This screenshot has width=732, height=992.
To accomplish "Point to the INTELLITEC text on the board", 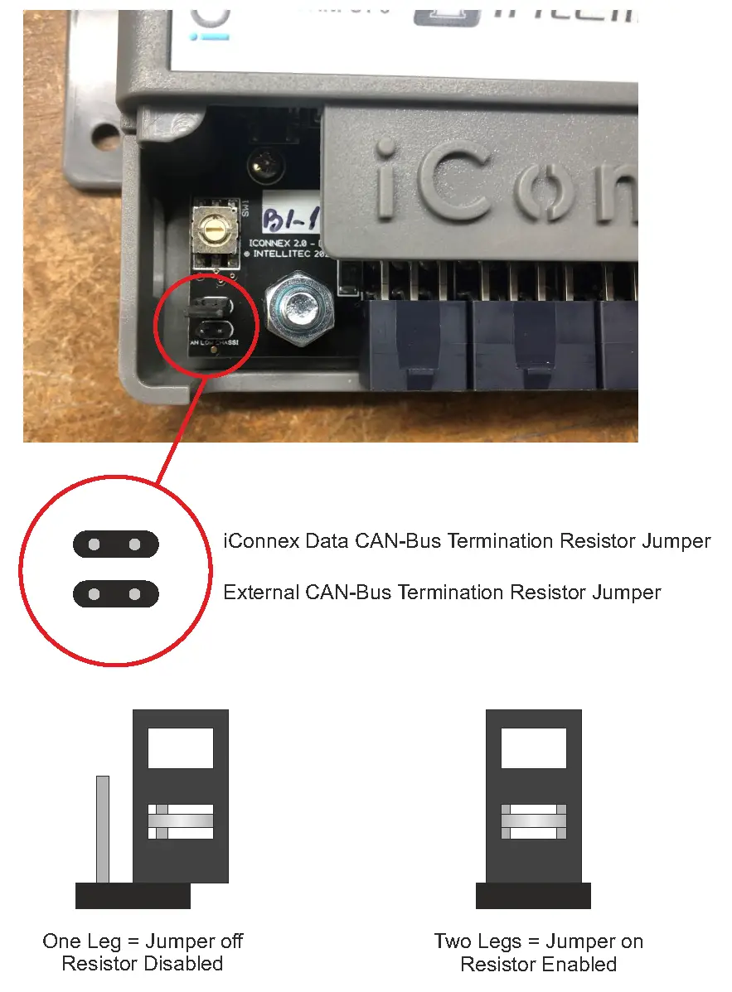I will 290,256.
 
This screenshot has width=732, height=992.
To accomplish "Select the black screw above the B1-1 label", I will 263,163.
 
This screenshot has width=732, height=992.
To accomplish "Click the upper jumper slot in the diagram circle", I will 115,544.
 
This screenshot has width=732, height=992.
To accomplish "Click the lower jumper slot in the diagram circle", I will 115,594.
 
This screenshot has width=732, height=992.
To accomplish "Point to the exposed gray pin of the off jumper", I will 103,829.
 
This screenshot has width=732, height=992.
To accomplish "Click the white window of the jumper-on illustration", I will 534,748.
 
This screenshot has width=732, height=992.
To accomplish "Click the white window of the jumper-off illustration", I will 181,748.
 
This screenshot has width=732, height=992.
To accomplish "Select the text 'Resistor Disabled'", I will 143,965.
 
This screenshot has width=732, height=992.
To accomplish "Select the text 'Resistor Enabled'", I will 538,965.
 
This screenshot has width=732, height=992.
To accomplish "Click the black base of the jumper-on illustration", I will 533,896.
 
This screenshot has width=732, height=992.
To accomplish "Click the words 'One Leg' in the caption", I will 80,942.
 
